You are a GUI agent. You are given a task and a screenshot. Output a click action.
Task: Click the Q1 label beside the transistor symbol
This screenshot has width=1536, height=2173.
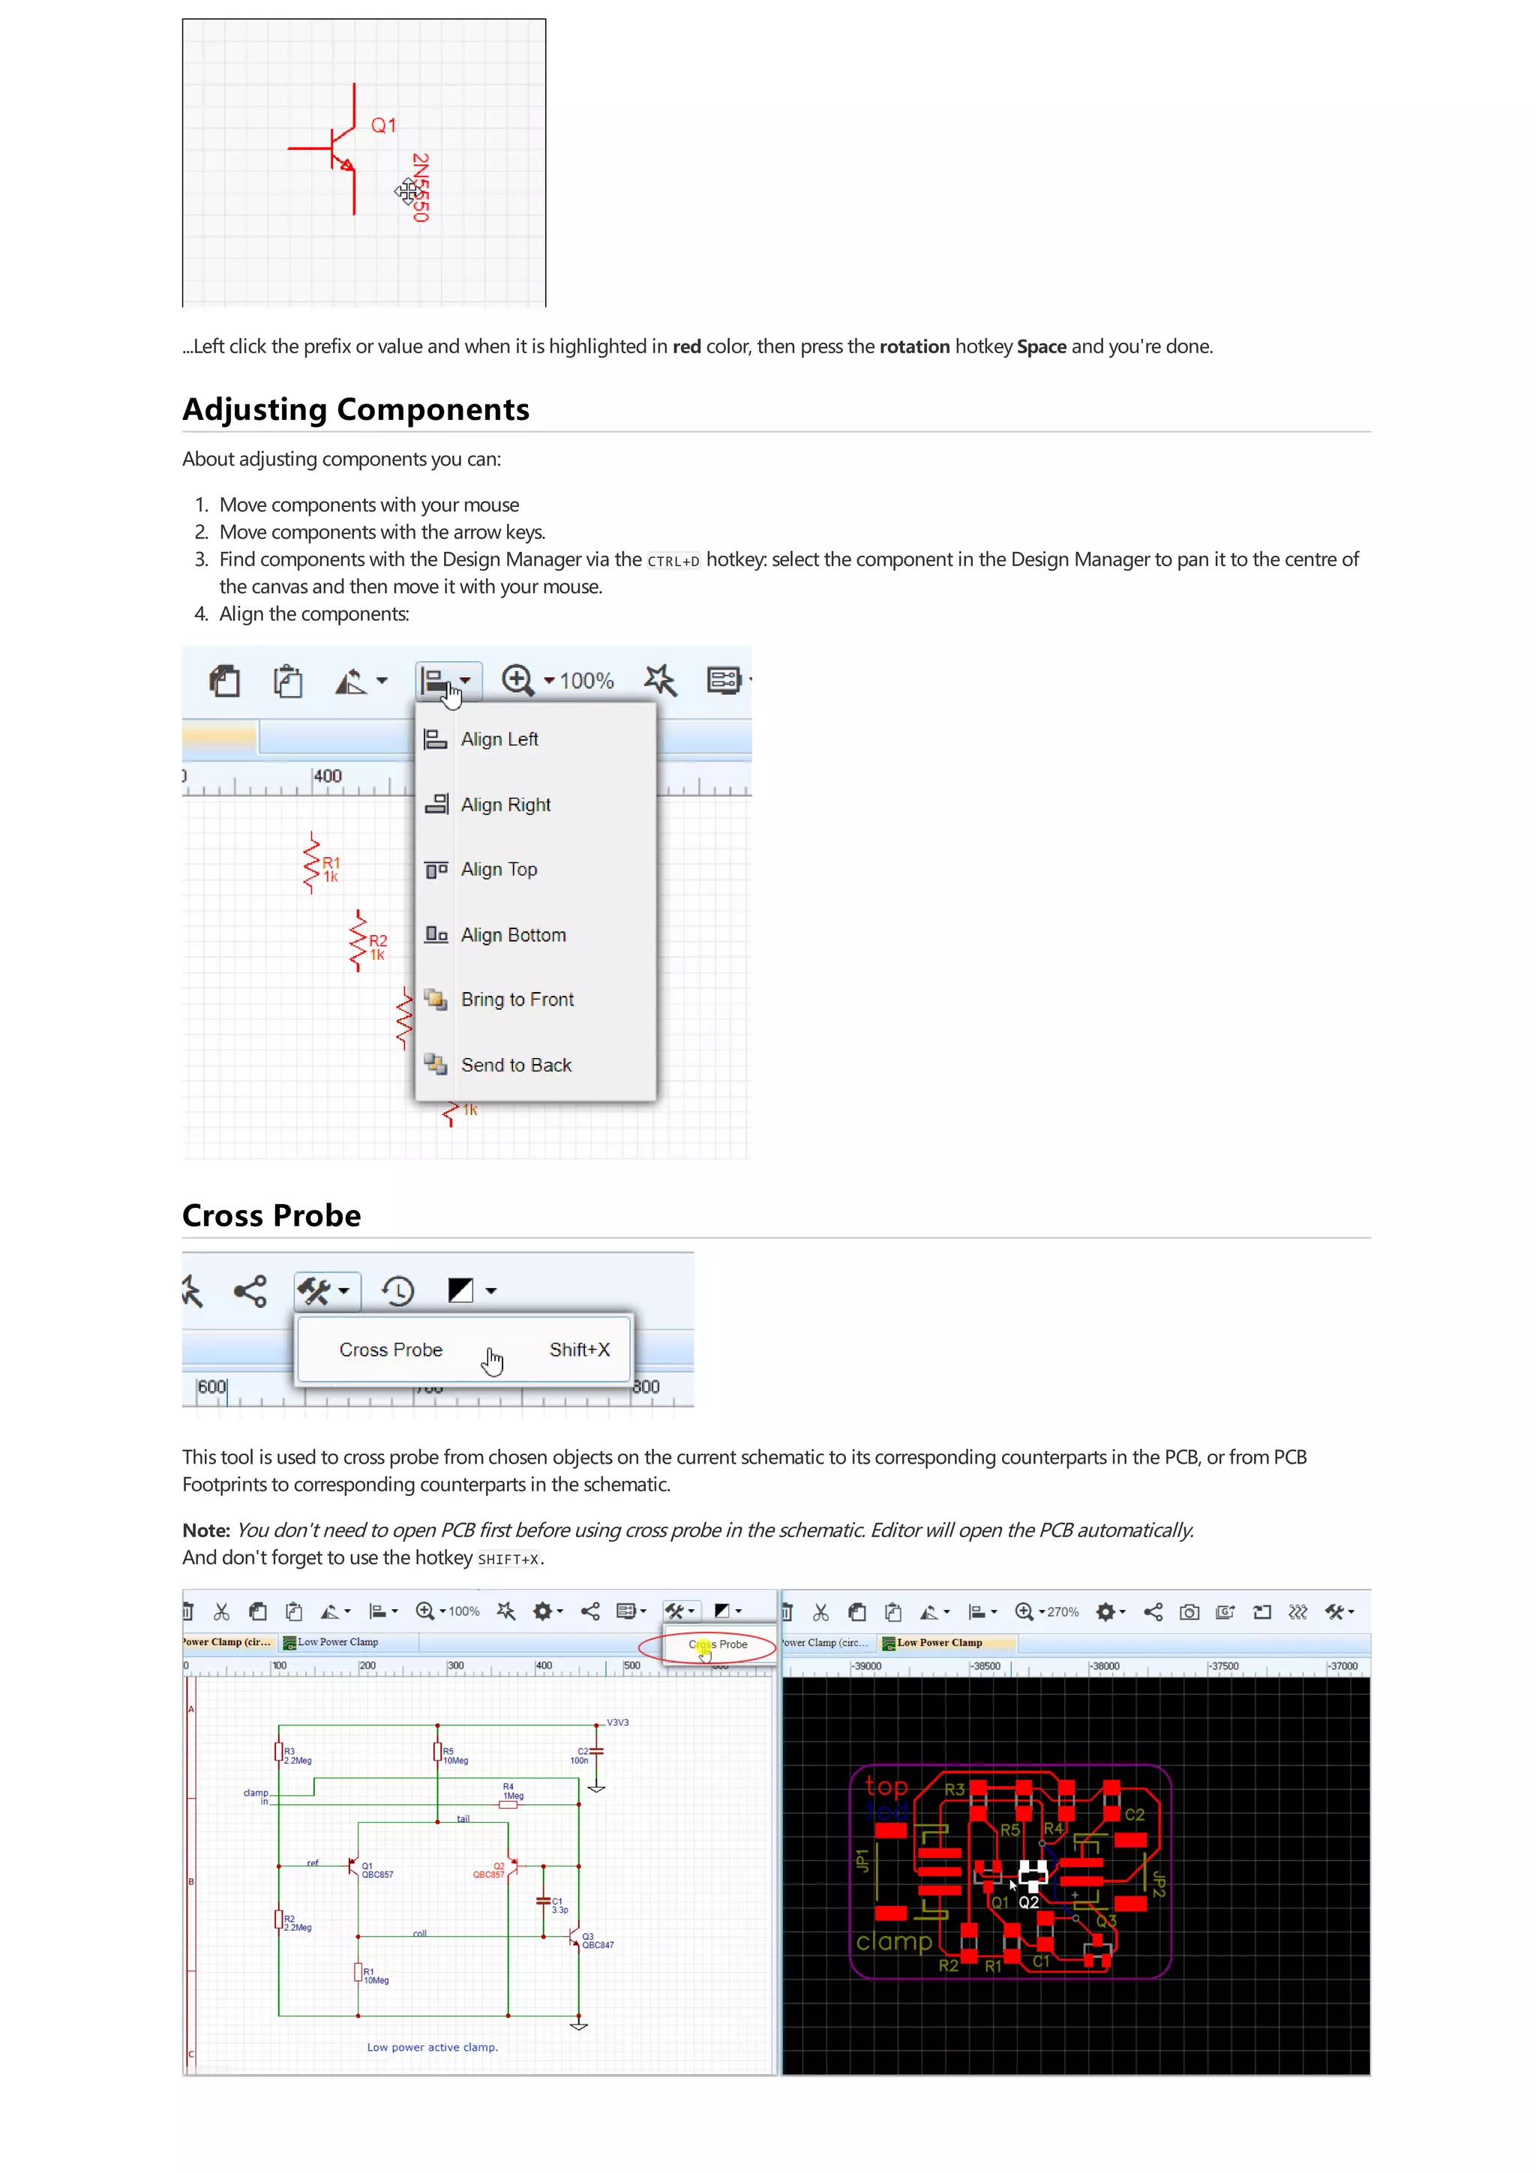click(383, 125)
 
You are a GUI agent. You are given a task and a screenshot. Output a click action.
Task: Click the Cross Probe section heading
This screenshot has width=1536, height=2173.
click(271, 1215)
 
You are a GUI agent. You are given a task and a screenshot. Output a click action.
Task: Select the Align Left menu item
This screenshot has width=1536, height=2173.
click(499, 739)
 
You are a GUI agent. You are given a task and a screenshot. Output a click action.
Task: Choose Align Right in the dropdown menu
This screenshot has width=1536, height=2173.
click(505, 805)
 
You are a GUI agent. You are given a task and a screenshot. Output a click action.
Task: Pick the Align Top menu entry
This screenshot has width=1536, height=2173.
click(499, 869)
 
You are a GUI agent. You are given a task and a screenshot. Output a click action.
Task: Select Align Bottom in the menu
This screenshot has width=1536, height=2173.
click(513, 935)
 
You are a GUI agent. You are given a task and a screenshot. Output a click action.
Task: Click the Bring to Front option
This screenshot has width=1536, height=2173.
click(517, 1000)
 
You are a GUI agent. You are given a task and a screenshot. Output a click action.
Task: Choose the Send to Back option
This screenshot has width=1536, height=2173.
click(516, 1065)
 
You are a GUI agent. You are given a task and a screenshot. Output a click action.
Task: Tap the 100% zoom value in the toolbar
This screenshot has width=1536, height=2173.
click(586, 681)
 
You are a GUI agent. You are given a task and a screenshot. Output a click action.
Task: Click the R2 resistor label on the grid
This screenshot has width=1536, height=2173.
click(377, 940)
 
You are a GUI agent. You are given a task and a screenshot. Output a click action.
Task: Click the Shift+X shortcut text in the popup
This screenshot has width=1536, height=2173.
click(579, 1350)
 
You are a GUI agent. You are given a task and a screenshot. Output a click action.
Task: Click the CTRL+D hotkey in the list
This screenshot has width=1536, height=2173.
click(673, 561)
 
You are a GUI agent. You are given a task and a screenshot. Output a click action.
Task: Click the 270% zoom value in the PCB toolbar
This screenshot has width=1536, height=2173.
click(1063, 1612)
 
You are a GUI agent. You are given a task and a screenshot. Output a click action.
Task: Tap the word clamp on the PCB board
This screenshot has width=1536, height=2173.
click(893, 1942)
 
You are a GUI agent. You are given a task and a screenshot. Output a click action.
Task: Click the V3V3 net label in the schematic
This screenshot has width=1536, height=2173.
click(617, 1722)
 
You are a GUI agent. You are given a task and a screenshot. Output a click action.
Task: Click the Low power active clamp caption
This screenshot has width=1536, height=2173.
click(433, 2047)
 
